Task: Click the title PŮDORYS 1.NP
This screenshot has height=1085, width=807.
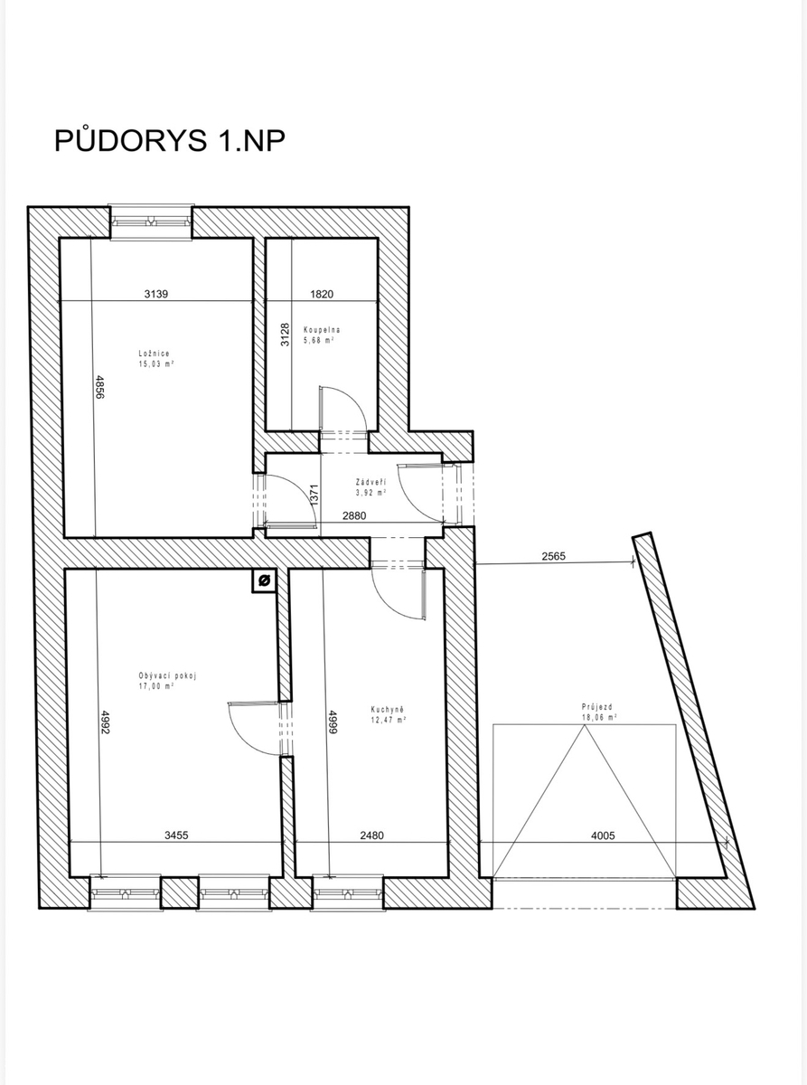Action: (169, 141)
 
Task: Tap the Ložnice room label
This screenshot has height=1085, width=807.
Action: (154, 354)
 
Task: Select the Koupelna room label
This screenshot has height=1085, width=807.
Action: (322, 330)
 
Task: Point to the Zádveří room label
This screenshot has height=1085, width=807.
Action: (371, 482)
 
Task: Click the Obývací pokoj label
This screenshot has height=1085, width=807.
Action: (167, 675)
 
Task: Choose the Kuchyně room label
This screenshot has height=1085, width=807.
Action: (388, 709)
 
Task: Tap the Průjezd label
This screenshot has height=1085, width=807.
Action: (597, 707)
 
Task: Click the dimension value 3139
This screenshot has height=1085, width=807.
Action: (156, 294)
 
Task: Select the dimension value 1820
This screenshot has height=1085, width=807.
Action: (322, 294)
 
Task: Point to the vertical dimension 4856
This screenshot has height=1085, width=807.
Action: (99, 387)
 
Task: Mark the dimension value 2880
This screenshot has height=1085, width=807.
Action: (354, 515)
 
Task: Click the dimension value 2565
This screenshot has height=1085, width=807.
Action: (554, 556)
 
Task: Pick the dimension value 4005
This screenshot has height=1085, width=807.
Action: (603, 835)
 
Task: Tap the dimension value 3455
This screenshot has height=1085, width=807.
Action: (176, 835)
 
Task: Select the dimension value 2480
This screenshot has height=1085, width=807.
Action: (371, 835)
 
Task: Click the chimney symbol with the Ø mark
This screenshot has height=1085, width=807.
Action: (264, 580)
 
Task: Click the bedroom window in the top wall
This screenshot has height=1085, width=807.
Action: (151, 222)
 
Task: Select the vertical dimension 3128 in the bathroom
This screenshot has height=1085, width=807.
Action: (286, 335)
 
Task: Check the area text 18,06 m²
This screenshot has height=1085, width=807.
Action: (598, 718)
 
